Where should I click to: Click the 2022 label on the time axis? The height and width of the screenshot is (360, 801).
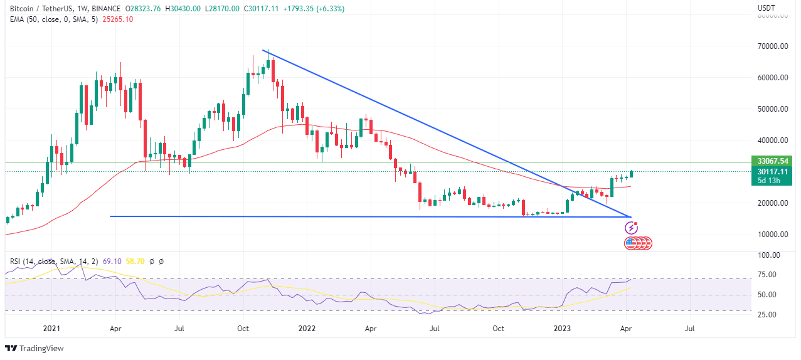tap(307, 328)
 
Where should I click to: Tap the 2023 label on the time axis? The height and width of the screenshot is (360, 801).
tap(563, 328)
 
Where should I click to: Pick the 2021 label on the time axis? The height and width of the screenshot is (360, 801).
tap(51, 328)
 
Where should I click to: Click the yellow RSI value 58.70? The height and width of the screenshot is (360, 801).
tap(135, 261)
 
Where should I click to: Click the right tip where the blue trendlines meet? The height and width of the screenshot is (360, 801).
tap(630, 217)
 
